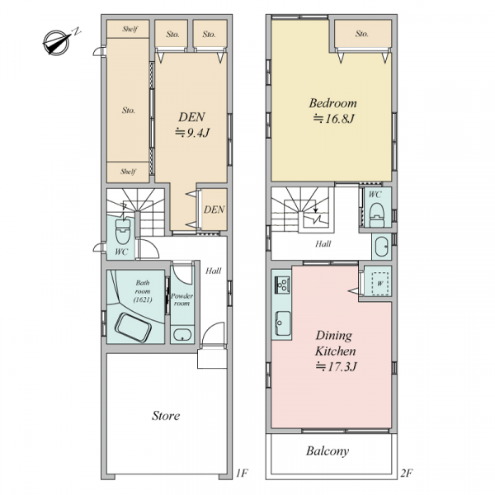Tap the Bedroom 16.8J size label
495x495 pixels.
pos(333,119)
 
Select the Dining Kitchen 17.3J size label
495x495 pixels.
pos(337,367)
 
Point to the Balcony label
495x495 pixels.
pos(328,451)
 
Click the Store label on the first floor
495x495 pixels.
pos(166,416)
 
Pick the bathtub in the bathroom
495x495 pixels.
pos(133,328)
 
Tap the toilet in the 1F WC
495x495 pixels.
pos(123,231)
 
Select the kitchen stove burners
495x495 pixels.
pos(282,284)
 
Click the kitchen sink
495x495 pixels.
pos(283,323)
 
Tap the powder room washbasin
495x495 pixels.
pos(182,335)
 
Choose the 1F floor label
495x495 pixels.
pos(242,473)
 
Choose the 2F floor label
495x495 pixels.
pos(407,473)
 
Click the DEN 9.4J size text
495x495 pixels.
pos(192,133)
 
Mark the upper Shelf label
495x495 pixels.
pos(130,30)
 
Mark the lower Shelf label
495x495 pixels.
pos(128,172)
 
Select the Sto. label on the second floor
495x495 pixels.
pos(362,34)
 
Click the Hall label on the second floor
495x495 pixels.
pos(323,243)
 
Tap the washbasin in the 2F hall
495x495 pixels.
pos(381,247)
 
